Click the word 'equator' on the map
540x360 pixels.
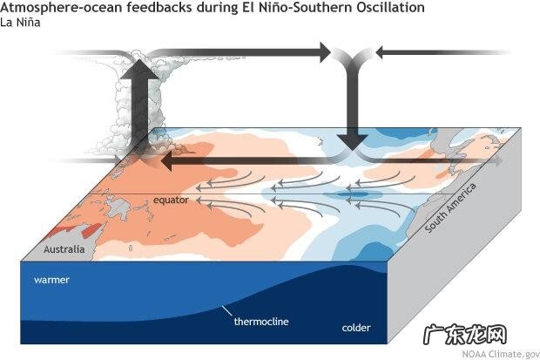(172, 200)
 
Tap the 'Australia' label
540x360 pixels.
(65, 249)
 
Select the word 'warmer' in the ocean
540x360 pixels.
(51, 281)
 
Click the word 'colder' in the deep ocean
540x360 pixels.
(355, 328)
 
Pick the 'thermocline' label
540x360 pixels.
(260, 322)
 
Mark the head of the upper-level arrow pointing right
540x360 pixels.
(323, 53)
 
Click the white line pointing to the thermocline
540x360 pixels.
(229, 310)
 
